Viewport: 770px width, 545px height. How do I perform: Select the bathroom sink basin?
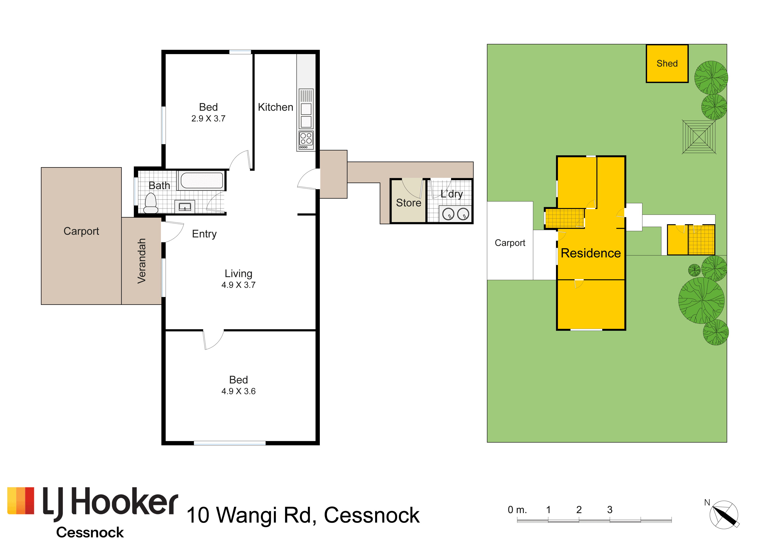coord(185,207)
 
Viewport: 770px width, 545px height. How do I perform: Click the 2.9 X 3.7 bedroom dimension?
coord(208,118)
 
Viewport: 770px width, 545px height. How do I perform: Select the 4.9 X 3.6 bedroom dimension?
coord(238,391)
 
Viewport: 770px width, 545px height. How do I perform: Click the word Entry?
coord(204,234)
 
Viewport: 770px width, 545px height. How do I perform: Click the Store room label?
coord(408,203)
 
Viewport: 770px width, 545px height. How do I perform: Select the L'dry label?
coord(452,194)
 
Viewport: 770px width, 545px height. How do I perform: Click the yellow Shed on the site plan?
coord(667,63)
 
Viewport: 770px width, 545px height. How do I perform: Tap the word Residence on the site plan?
coord(591,253)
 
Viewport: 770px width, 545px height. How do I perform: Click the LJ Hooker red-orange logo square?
coord(21,501)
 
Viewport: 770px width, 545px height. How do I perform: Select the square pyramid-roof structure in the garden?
coord(699,137)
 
